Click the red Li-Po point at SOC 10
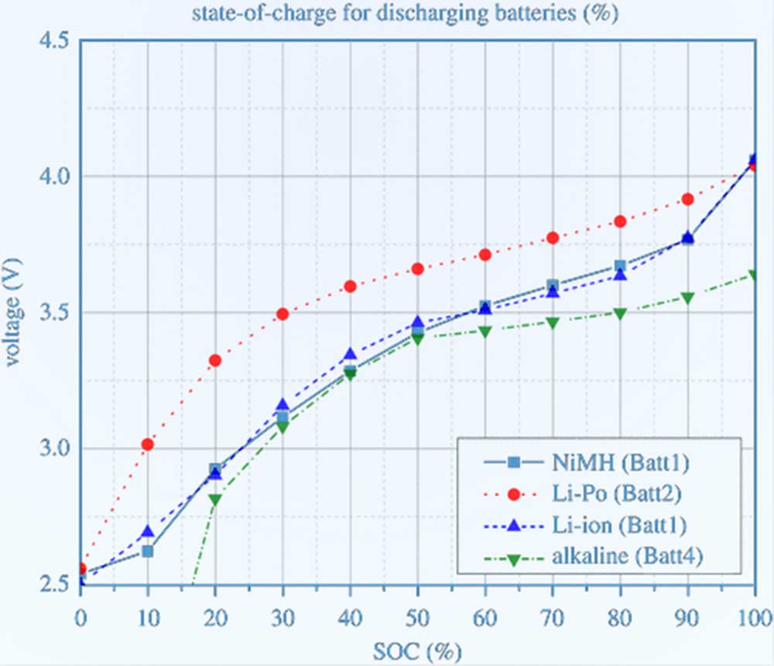(x=147, y=444)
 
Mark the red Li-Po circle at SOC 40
(x=350, y=286)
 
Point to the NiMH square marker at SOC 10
(x=147, y=551)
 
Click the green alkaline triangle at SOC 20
(x=214, y=500)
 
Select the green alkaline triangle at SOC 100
(x=755, y=275)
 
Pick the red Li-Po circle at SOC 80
(x=620, y=221)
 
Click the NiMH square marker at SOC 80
(x=620, y=266)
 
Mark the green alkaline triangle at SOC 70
(x=553, y=322)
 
